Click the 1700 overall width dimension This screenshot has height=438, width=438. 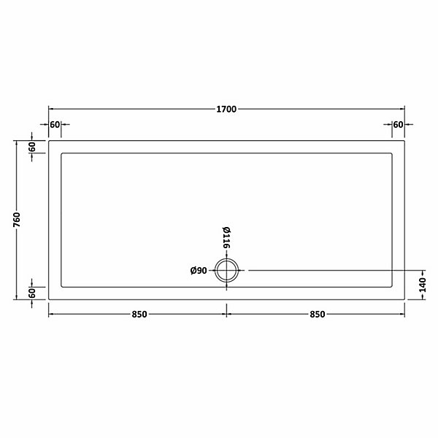226,109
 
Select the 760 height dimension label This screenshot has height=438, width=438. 17,220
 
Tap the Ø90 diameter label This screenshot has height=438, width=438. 199,270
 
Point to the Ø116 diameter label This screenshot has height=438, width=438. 226,237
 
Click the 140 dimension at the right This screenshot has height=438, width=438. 423,285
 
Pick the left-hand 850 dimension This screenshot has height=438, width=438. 139,314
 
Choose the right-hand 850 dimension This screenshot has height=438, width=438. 318,314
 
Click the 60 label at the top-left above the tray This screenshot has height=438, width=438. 55,125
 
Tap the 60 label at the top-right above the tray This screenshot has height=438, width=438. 398,125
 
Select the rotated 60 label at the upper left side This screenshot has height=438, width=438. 32,147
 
